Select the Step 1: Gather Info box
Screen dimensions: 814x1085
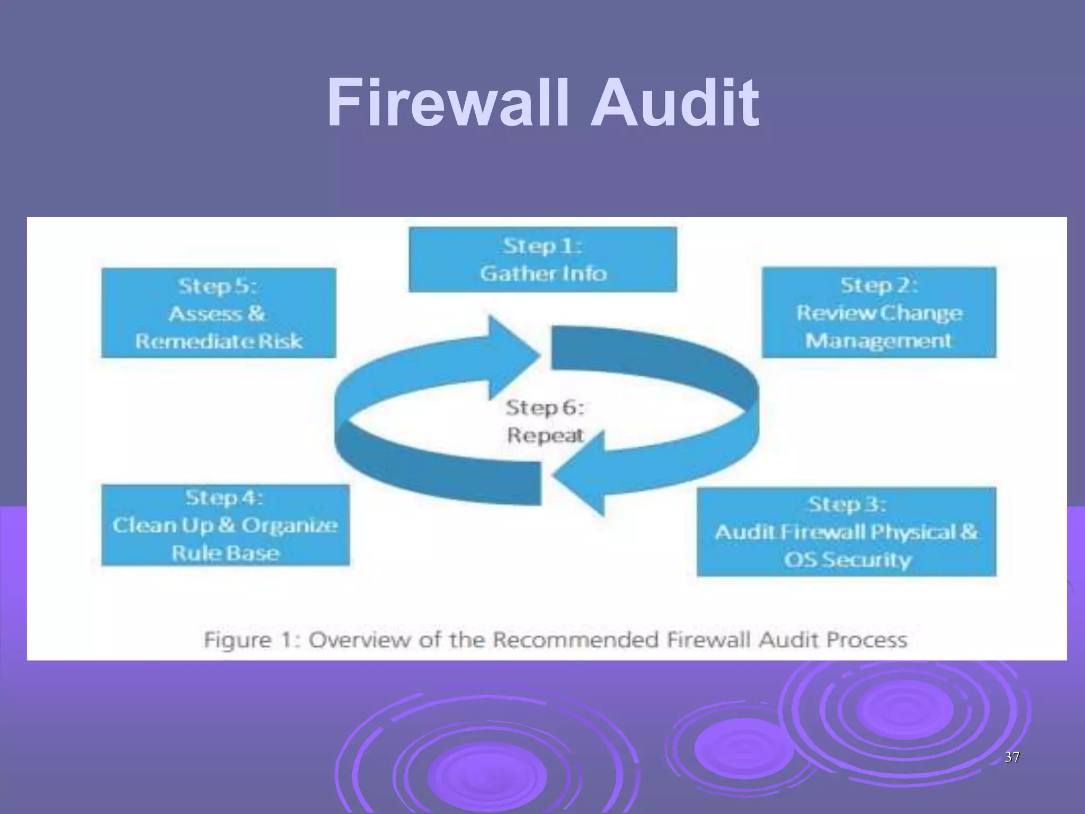coord(542,260)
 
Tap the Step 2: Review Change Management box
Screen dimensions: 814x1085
coord(879,313)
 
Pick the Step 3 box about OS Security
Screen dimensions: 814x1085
coord(846,532)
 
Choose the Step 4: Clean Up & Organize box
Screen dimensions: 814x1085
coord(225,525)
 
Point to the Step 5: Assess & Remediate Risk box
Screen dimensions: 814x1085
coord(218,313)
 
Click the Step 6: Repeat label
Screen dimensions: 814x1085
coord(545,421)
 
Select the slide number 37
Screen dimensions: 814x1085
coord(1011,757)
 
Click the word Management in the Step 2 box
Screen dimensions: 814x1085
coord(878,341)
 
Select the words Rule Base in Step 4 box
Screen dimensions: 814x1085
coord(225,553)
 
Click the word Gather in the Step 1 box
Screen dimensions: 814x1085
coord(513,273)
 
